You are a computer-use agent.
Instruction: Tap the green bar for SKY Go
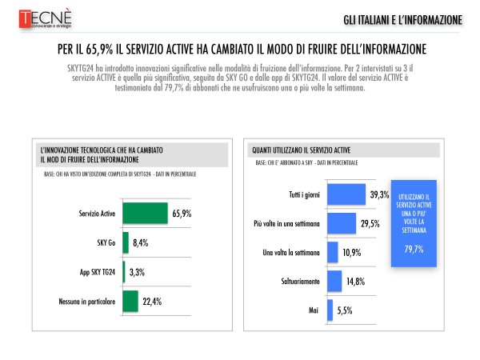point(126,242)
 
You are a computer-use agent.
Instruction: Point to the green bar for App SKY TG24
point(124,271)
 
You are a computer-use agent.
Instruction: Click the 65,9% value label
point(181,214)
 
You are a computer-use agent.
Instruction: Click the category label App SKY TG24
point(97,271)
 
